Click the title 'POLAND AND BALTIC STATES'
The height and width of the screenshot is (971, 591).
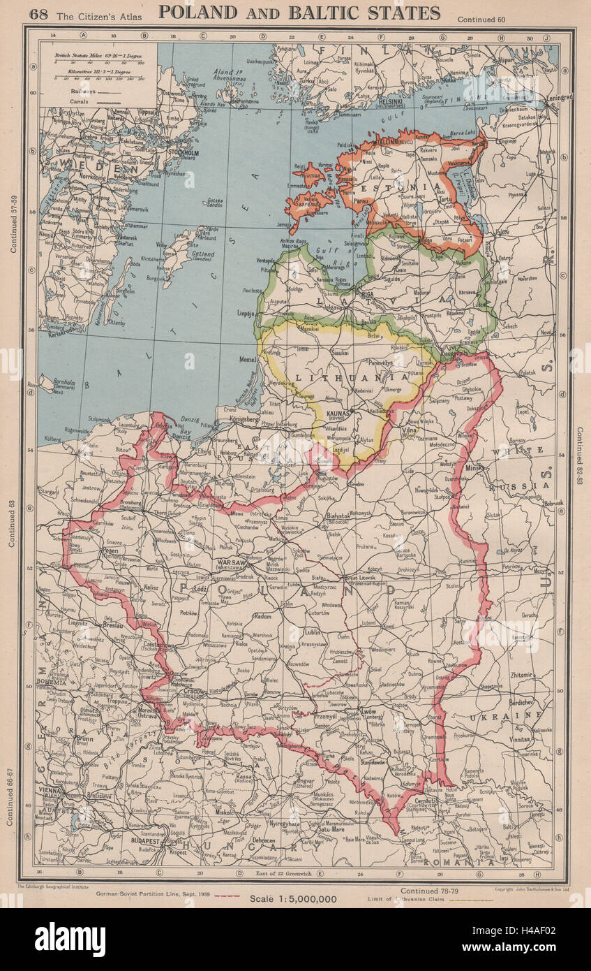click(x=299, y=13)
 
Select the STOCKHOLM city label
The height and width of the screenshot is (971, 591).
click(x=183, y=152)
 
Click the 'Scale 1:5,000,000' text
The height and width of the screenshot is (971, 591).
click(x=293, y=899)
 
